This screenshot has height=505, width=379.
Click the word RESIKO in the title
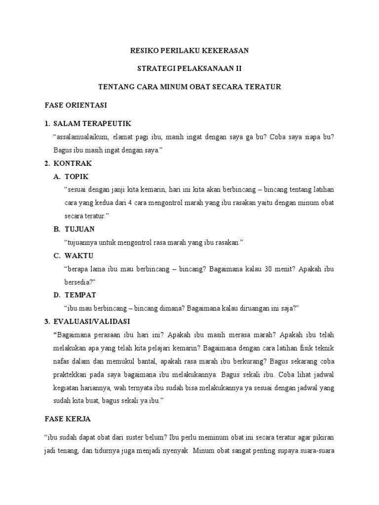(x=144, y=50)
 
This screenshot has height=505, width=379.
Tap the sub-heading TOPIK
(x=77, y=177)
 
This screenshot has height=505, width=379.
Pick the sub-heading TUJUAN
(x=79, y=229)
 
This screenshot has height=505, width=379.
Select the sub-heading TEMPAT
(x=80, y=295)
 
